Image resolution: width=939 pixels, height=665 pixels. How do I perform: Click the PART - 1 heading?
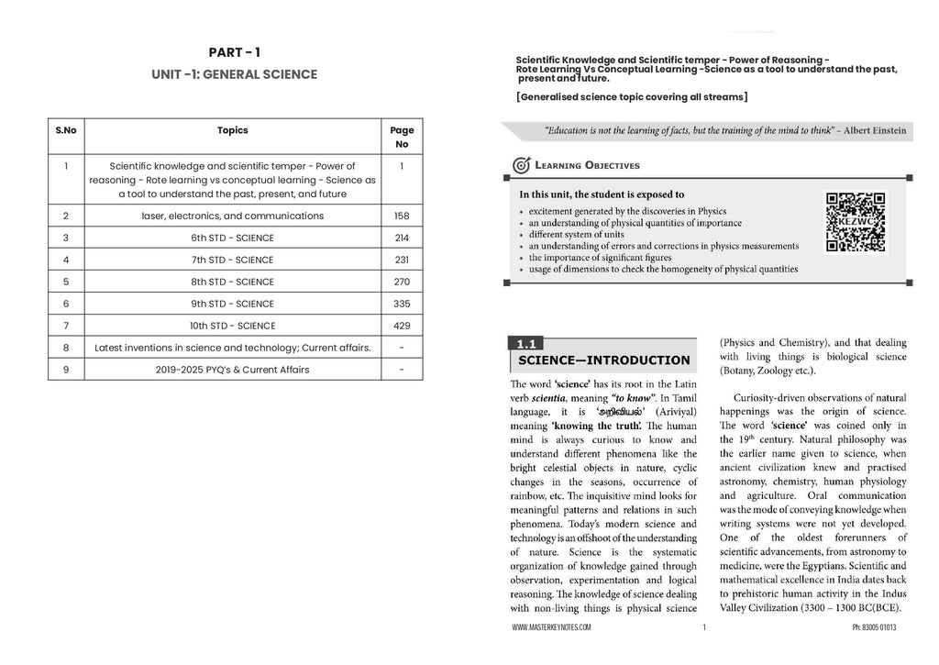click(x=234, y=52)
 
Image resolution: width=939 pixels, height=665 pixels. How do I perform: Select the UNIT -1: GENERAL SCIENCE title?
click(x=234, y=74)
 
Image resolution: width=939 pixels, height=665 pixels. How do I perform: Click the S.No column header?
click(x=65, y=130)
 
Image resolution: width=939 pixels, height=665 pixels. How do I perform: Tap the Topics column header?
click(x=232, y=130)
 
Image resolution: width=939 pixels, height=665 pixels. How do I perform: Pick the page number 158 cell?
click(x=402, y=216)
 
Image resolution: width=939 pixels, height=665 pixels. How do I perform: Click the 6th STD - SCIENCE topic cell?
click(x=232, y=238)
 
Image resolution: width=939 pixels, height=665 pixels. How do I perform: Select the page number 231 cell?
click(x=402, y=260)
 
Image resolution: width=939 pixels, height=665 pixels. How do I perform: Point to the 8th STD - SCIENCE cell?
click(x=232, y=283)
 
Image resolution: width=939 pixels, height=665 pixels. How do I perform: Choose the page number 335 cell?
click(x=402, y=304)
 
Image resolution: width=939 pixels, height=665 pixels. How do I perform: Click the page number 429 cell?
click(x=402, y=326)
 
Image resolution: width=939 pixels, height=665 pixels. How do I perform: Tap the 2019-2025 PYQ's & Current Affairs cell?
click(x=232, y=370)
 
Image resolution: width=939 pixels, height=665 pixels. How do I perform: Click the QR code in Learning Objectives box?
click(x=856, y=221)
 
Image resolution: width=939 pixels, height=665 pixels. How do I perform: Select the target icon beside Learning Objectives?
click(x=521, y=165)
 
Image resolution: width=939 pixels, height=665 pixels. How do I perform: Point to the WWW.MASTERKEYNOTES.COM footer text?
click(x=552, y=628)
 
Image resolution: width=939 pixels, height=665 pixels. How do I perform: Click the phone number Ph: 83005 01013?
click(x=873, y=628)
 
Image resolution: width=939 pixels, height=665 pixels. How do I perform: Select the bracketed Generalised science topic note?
click(x=632, y=97)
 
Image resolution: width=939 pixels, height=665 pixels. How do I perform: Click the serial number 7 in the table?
click(x=65, y=326)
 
